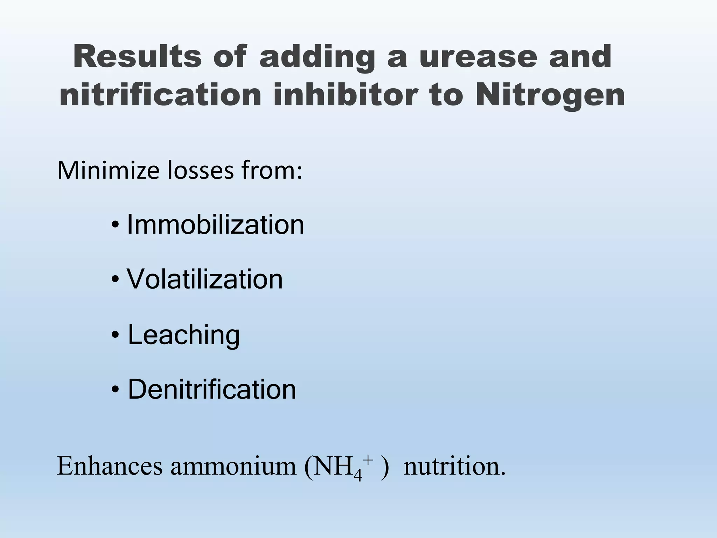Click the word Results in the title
point(137,57)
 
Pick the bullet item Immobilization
point(215,225)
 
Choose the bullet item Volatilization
point(205,279)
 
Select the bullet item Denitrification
point(212,389)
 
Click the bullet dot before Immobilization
point(114,225)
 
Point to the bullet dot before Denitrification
point(114,390)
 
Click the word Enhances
point(110,466)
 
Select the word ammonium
point(233,466)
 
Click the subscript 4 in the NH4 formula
point(358,475)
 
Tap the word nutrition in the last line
point(454,466)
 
